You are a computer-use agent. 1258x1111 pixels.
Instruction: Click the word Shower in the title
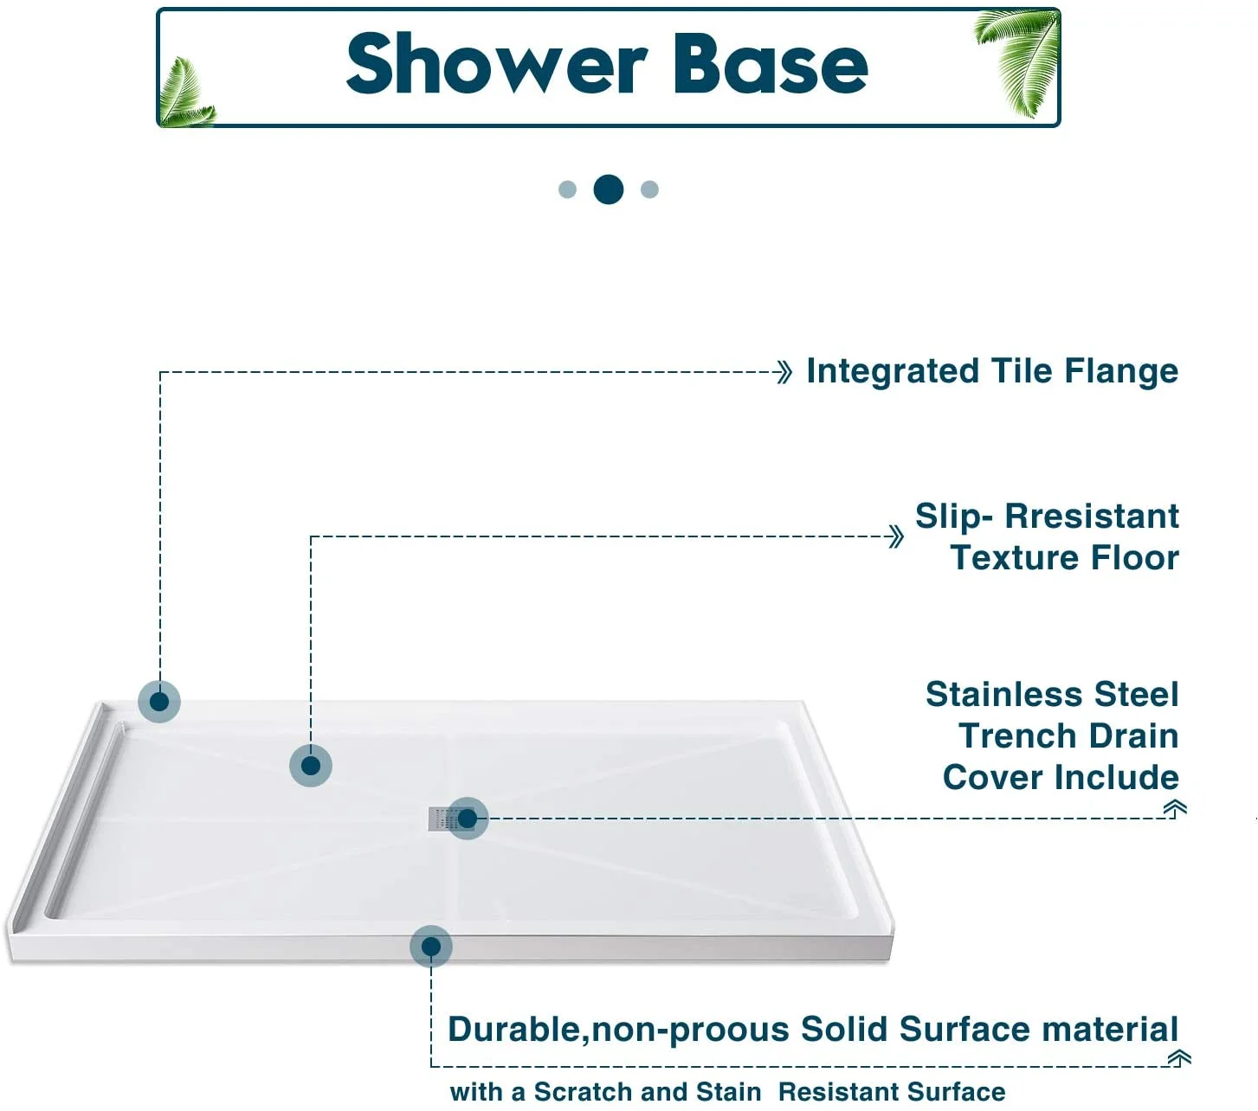coord(496,65)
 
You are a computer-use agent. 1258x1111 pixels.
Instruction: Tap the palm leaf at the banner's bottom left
coord(185,95)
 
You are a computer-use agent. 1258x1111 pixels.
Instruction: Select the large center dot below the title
coord(609,189)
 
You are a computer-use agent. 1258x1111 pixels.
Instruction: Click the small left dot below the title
coord(568,189)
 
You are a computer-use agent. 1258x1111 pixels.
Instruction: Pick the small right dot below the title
coord(649,189)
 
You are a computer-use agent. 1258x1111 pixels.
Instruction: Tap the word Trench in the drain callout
coord(1012,736)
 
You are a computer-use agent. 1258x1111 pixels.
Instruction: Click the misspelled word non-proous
coord(690,1030)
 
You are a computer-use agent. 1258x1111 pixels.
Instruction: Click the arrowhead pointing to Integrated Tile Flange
coord(784,373)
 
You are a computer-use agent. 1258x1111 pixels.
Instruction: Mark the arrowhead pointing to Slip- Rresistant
coord(896,536)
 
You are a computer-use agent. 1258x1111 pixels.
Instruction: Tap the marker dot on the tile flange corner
coord(159,701)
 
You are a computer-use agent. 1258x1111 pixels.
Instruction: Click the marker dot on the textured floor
coord(311,766)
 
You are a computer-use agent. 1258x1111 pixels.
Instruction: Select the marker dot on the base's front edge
coord(431,947)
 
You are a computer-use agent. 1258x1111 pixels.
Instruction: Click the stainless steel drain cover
coord(439,819)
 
